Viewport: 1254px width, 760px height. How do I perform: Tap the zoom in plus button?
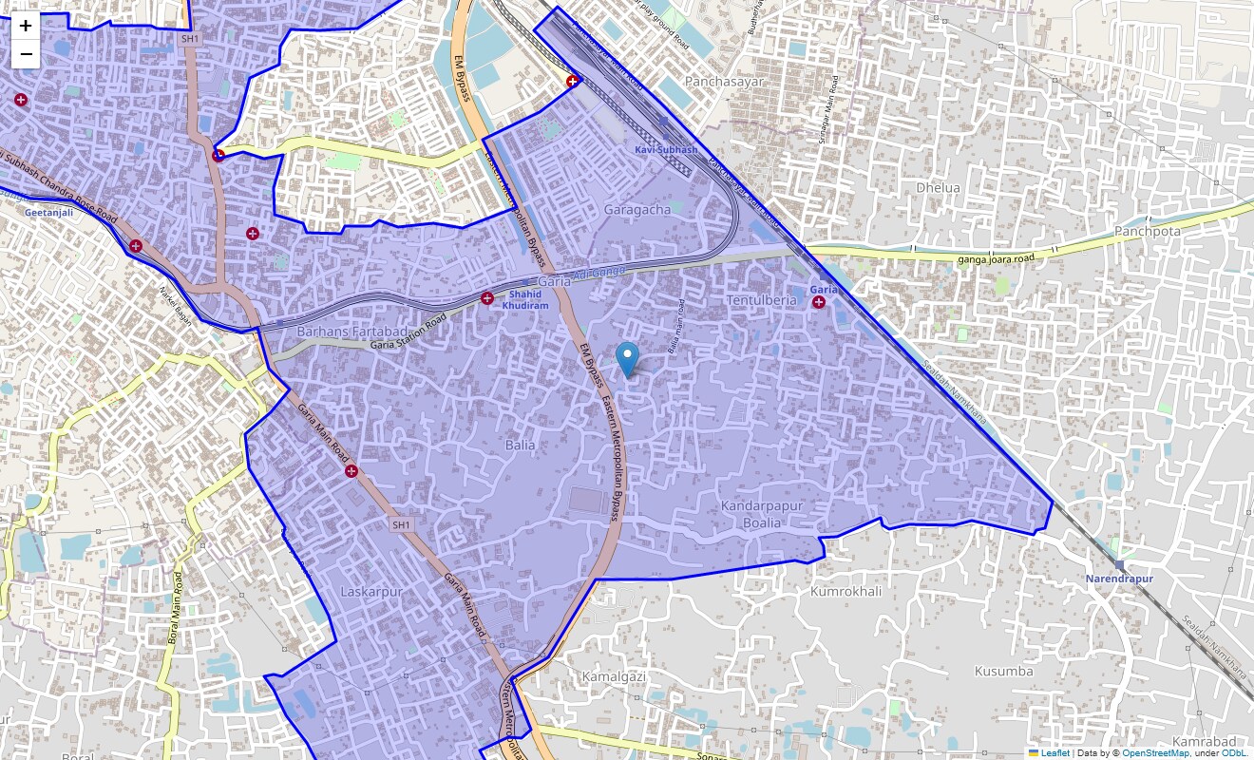(x=26, y=26)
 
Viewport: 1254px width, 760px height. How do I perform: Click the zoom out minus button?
(x=26, y=54)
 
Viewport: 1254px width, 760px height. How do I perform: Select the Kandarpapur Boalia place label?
(x=761, y=514)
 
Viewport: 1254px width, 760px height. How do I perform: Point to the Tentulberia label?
(x=761, y=300)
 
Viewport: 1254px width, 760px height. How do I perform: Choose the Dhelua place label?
(x=938, y=187)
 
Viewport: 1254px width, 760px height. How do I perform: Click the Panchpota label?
(x=1148, y=231)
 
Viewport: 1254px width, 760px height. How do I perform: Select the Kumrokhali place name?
(x=845, y=591)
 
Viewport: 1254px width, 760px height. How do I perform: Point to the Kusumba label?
(x=1003, y=671)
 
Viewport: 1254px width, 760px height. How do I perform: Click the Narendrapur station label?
(x=1119, y=579)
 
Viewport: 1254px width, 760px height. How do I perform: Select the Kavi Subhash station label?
(x=666, y=150)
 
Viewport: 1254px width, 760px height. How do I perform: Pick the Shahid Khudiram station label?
(x=525, y=300)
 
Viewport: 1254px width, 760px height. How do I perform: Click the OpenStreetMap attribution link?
(x=1155, y=753)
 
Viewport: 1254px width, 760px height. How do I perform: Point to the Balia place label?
(x=520, y=445)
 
